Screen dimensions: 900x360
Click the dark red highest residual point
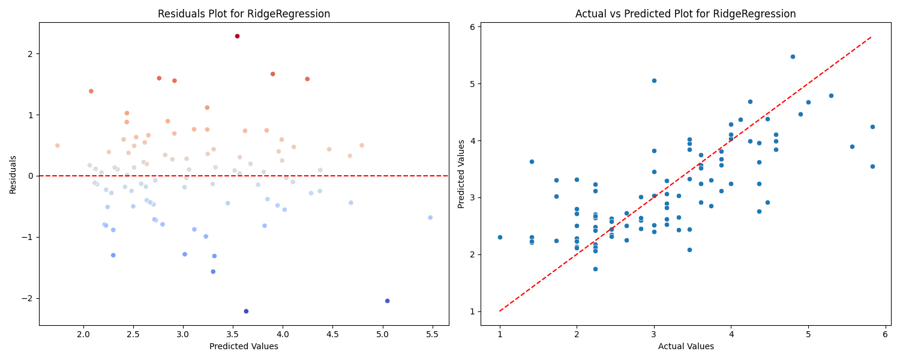click(237, 36)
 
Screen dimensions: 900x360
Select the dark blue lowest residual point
click(246, 311)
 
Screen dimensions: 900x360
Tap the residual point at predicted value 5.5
click(430, 217)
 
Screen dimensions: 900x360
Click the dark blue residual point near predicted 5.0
click(388, 301)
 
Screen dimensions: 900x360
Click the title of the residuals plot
click(244, 14)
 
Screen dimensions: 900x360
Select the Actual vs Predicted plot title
click(685, 14)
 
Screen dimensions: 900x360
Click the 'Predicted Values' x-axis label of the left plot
click(244, 346)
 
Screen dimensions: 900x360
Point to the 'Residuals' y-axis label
click(13, 175)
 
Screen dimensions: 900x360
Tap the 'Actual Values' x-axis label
click(686, 346)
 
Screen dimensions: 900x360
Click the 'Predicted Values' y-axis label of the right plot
click(461, 174)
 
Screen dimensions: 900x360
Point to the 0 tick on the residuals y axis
click(31, 176)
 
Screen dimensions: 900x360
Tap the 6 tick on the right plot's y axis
click(473, 27)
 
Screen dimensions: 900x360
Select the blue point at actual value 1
click(500, 237)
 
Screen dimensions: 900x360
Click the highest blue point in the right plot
click(793, 56)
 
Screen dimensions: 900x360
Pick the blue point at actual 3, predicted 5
click(654, 81)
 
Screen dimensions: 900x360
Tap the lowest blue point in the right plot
click(595, 269)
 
